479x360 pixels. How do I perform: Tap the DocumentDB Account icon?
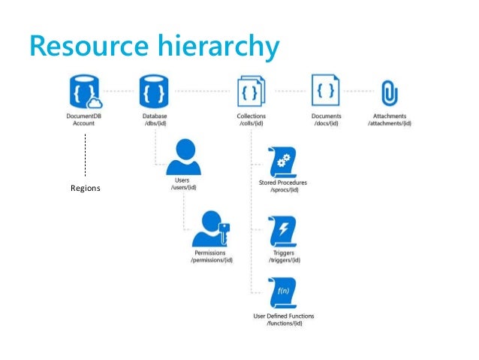pyautogui.click(x=84, y=92)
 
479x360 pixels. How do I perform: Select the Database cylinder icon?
pyautogui.click(x=155, y=92)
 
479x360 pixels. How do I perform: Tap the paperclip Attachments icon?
pyautogui.click(x=389, y=92)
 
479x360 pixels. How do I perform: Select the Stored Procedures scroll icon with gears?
pyautogui.click(x=282, y=160)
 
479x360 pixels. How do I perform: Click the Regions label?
pyautogui.click(x=85, y=188)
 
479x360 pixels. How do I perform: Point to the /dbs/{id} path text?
pyautogui.click(x=155, y=124)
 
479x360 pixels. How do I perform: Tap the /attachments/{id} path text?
pyautogui.click(x=390, y=124)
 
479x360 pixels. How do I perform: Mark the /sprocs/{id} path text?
pyautogui.click(x=282, y=191)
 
